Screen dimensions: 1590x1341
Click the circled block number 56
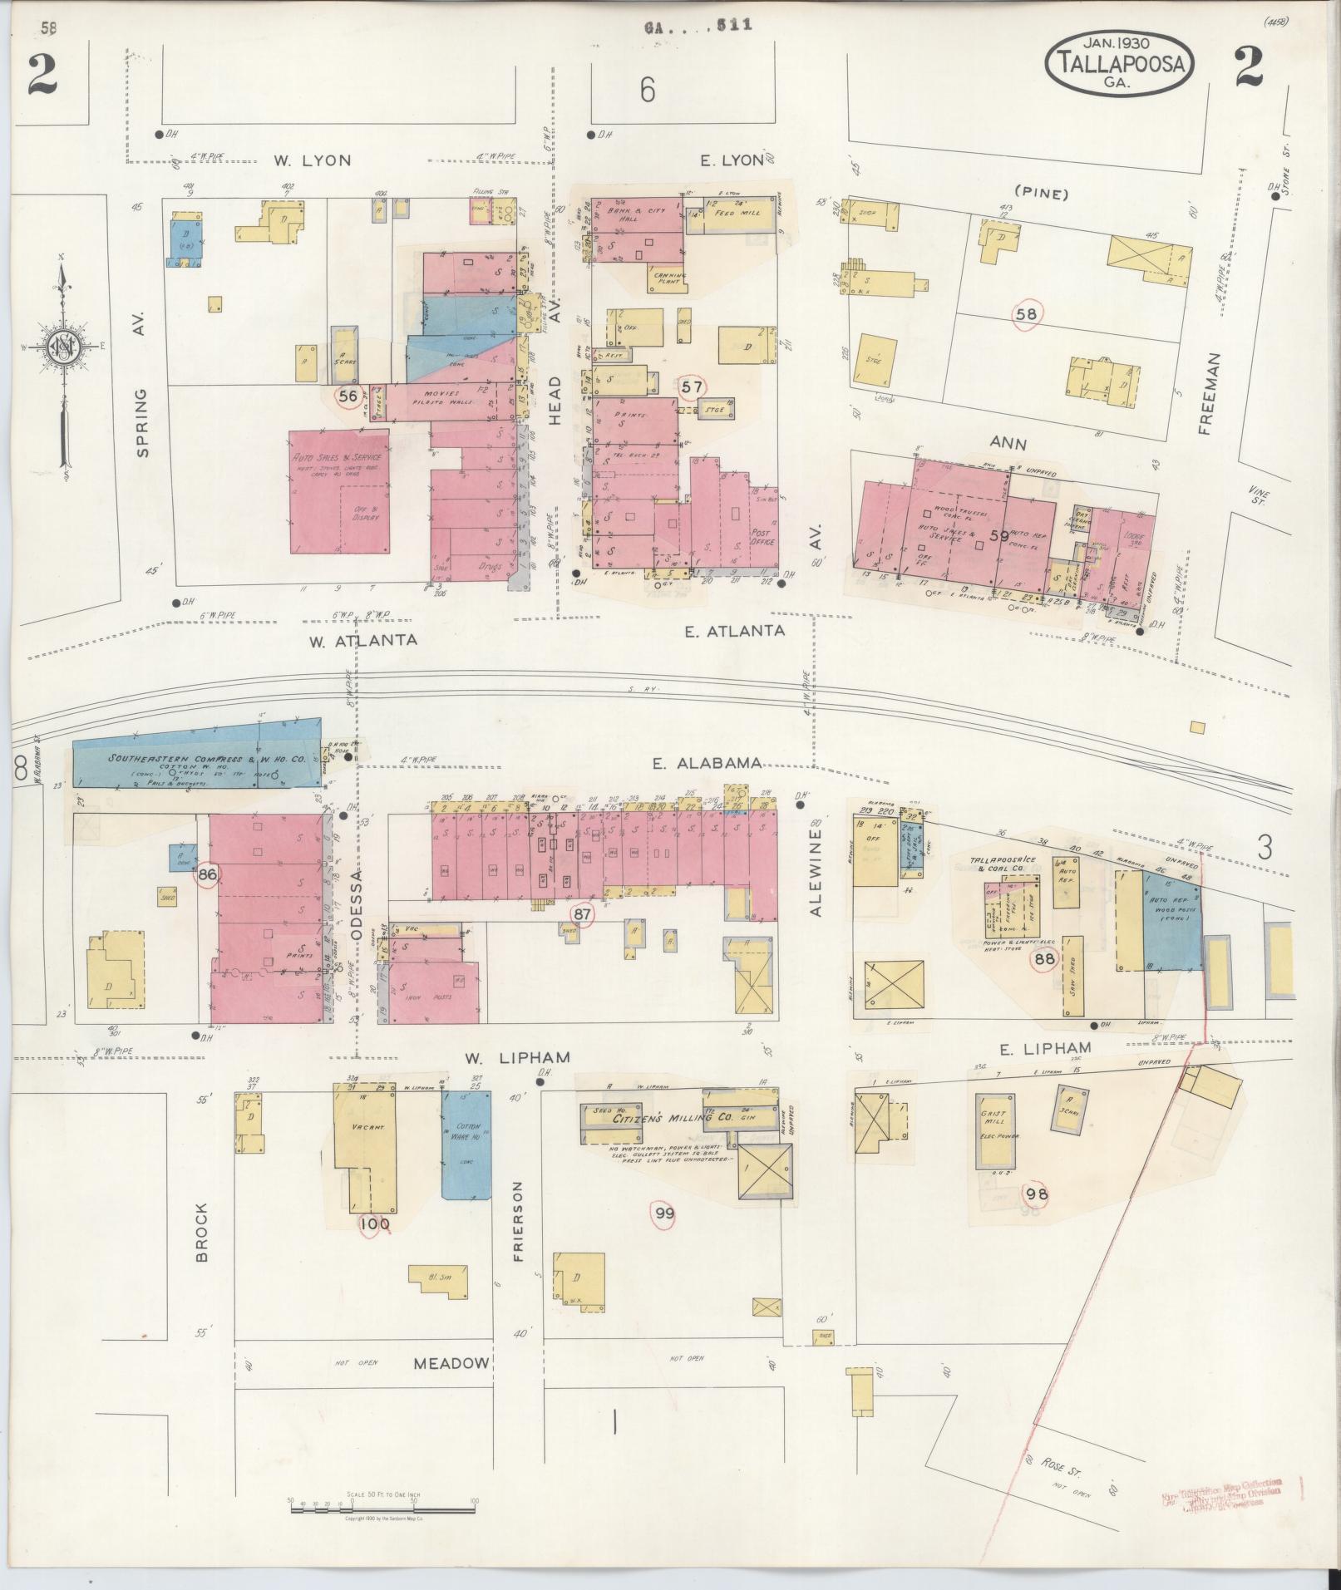(x=348, y=396)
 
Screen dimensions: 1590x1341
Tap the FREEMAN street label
(x=1208, y=393)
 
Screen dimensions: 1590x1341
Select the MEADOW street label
(x=451, y=1363)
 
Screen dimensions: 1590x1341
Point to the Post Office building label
(x=762, y=537)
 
